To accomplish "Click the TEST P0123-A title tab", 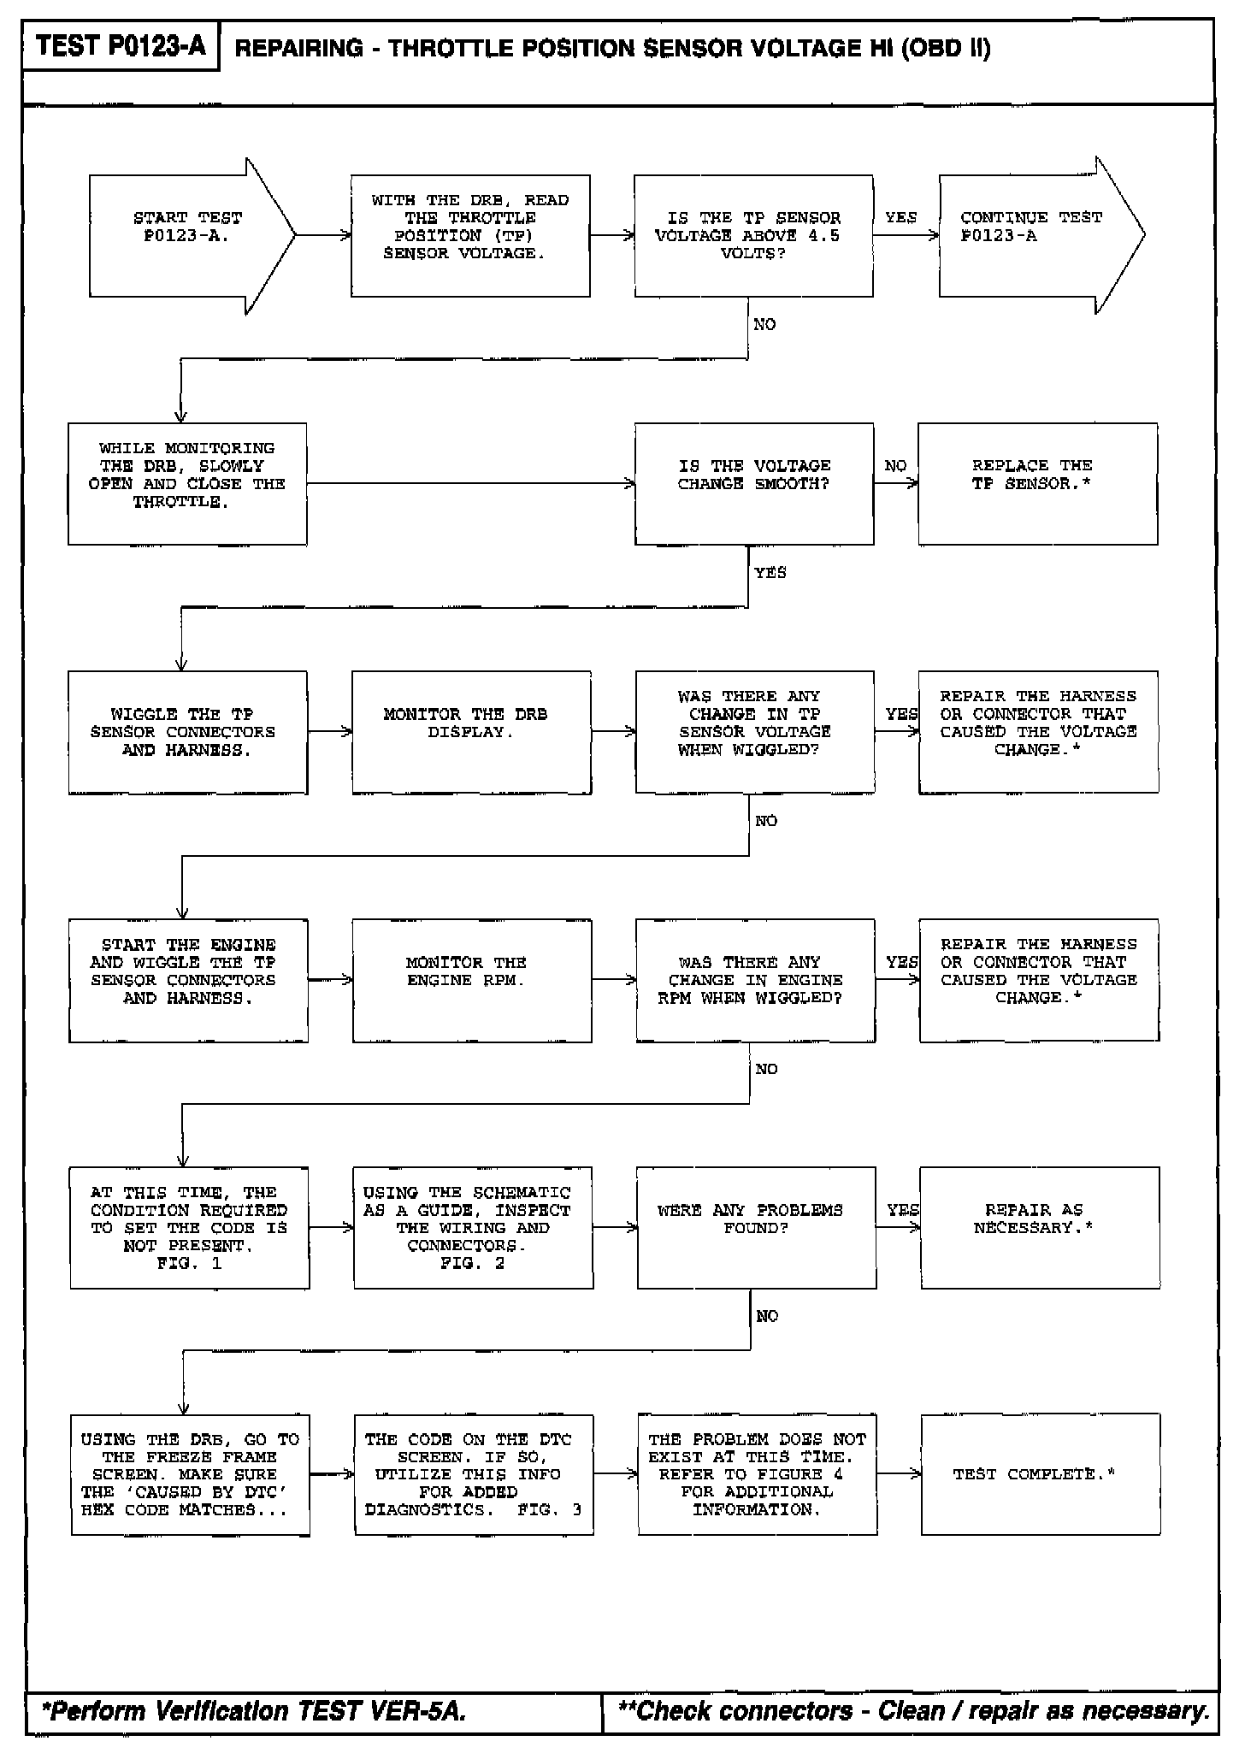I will (x=121, y=46).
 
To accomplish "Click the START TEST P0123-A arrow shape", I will (x=184, y=235).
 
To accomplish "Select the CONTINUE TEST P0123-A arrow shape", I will (x=1035, y=235).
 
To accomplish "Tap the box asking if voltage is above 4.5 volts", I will (x=753, y=236).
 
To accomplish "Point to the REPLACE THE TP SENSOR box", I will (x=1037, y=483).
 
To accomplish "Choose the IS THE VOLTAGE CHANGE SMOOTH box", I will (x=753, y=483).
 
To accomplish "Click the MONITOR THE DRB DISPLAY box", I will (x=471, y=732).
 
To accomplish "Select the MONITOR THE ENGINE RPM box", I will (x=472, y=980).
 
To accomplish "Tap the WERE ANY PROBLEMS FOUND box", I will (x=756, y=1227).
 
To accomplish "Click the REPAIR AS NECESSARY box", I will (x=1040, y=1227).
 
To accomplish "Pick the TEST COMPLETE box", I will (x=1040, y=1474).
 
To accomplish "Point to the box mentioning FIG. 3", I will (x=473, y=1474).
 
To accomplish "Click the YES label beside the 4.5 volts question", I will (x=900, y=217).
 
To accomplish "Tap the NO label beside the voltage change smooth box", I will (x=895, y=466).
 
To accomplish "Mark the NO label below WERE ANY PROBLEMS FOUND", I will (x=767, y=1316).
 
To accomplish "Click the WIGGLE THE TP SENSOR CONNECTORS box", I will (x=187, y=732).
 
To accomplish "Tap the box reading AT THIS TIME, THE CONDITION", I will (x=189, y=1227).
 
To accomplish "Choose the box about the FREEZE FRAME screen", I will (x=190, y=1474).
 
